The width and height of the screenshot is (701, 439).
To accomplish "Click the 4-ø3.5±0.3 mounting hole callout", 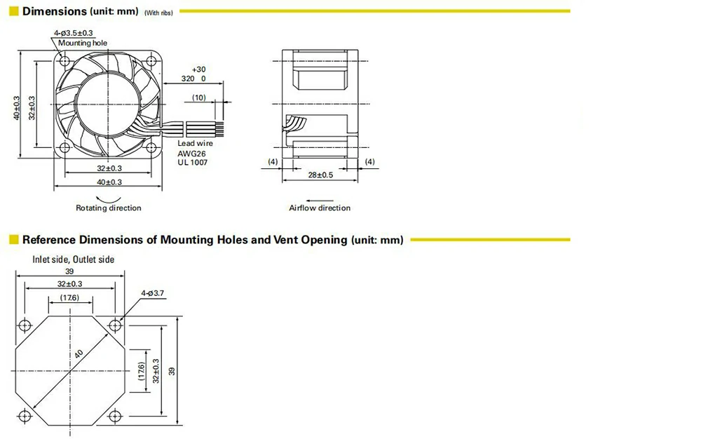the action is pos(74,33).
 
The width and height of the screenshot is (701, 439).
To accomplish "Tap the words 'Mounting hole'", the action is pos(83,43).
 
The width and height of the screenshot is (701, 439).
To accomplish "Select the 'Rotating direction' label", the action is pos(108,208).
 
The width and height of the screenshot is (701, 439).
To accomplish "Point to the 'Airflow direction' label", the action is pos(320,208).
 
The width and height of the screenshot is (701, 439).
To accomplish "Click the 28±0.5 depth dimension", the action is pos(320,175).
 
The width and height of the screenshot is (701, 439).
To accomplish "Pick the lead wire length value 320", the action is pos(187,79).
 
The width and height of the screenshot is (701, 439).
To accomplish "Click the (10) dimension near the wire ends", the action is pos(199,97).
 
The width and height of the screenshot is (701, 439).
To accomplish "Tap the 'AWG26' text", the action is pos(192,154).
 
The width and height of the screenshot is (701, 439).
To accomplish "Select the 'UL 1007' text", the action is pos(193,162).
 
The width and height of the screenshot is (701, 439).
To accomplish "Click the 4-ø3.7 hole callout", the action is pos(152,293).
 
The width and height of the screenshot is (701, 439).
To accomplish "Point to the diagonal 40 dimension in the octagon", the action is pos(79,353).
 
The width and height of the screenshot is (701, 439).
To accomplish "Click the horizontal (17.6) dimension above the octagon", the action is pos(69,298).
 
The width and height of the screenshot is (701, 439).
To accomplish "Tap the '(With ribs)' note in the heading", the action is pos(158,13).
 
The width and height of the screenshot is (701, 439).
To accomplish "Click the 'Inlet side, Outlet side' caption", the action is pos(74,259).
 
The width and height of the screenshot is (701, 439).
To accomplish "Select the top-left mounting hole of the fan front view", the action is pos(64,60).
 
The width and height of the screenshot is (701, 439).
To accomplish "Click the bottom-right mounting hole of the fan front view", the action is pos(151,147).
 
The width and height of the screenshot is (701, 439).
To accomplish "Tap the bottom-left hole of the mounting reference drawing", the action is pos(25,416).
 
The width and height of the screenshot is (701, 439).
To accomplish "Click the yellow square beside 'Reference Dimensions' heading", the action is pos(14,240).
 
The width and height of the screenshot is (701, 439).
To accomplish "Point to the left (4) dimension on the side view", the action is pos(273,161).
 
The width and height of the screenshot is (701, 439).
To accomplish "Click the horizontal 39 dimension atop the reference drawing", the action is pos(69,271).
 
